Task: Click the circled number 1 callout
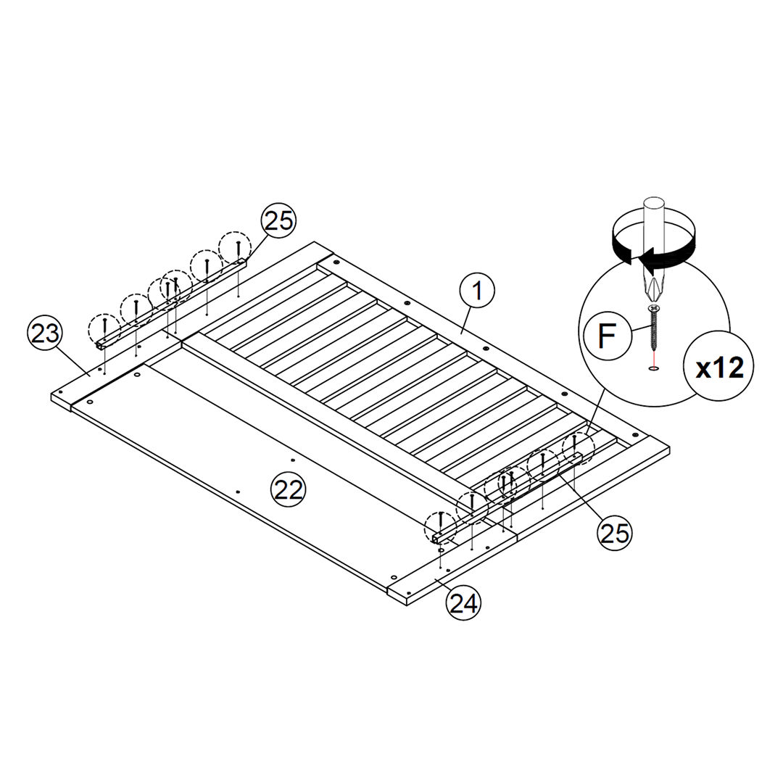point(477,291)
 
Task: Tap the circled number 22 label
point(289,489)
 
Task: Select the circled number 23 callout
point(45,335)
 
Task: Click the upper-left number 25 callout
point(278,220)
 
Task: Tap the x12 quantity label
point(719,368)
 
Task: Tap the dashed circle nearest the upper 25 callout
point(236,246)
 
